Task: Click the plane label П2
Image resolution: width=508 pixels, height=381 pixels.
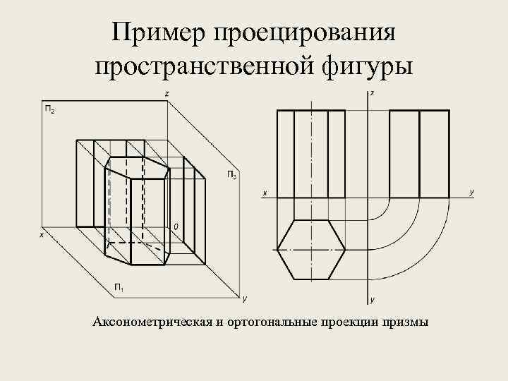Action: pyautogui.click(x=50, y=109)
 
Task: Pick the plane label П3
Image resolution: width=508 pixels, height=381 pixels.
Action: pyautogui.click(x=231, y=174)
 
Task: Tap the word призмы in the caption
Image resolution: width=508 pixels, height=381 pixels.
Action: pyautogui.click(x=404, y=322)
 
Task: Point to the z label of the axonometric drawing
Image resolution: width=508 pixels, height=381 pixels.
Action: pyautogui.click(x=166, y=94)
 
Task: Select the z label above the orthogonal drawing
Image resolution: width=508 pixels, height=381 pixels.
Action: pyautogui.click(x=372, y=93)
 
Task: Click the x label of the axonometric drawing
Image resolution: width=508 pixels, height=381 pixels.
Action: pyautogui.click(x=41, y=235)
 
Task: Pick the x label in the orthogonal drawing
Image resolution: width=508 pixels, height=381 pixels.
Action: pyautogui.click(x=265, y=192)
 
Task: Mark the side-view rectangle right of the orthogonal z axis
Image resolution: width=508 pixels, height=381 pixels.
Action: pyautogui.click(x=419, y=153)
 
